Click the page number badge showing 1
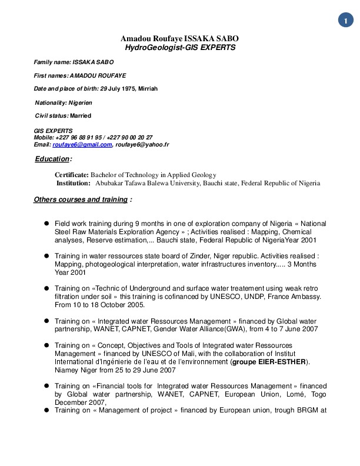click(345, 21)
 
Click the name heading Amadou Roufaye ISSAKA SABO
click(179, 39)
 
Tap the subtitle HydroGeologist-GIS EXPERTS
click(181, 47)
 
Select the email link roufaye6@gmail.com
click(82, 145)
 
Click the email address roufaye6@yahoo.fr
click(142, 145)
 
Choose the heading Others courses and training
click(81, 199)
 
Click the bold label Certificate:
click(72, 175)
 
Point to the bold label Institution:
click(74, 183)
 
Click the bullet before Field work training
click(46, 224)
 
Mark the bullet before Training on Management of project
click(46, 410)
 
